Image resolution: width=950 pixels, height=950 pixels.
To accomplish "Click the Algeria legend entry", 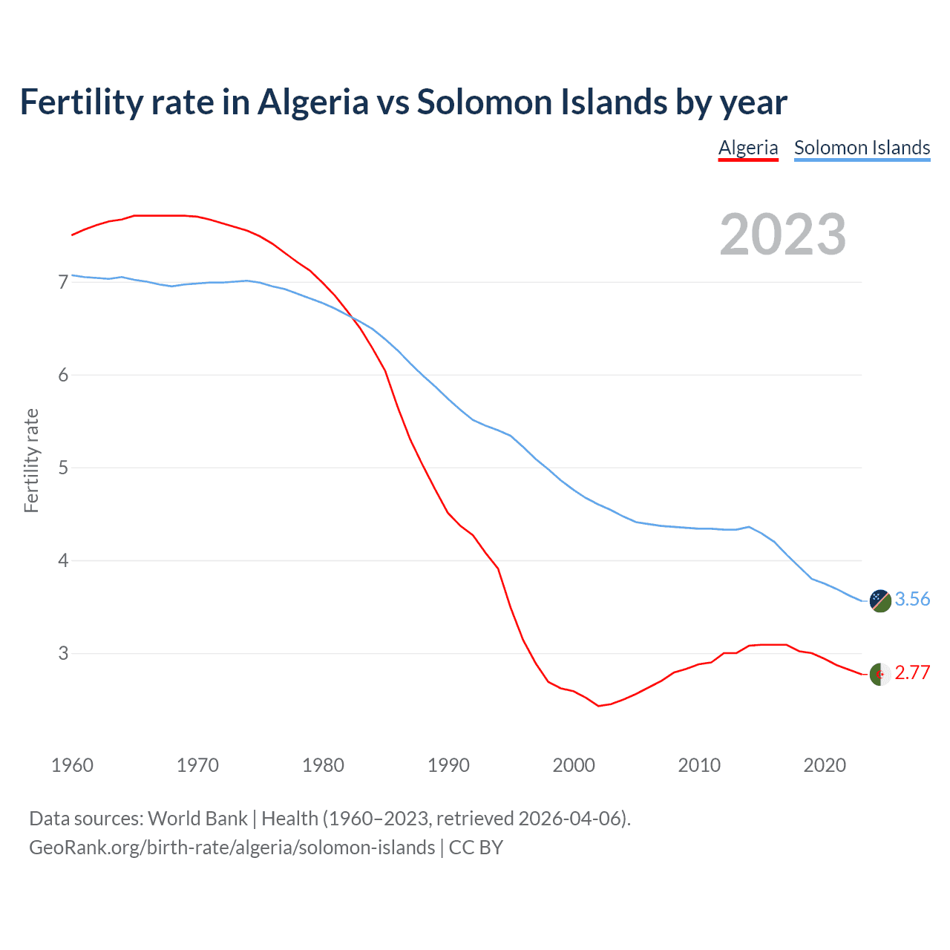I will click(748, 148).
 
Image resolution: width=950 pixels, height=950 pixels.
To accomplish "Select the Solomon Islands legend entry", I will click(862, 148).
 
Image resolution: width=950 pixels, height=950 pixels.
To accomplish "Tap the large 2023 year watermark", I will click(783, 235).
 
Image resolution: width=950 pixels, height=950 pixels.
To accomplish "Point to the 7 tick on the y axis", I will click(63, 282).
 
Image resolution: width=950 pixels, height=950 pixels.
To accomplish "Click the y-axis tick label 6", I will click(63, 375).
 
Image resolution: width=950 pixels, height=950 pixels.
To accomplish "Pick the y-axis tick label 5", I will click(63, 468).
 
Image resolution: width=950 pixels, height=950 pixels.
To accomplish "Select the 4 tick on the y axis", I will click(63, 560).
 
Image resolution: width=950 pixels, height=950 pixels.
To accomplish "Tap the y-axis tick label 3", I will click(63, 653).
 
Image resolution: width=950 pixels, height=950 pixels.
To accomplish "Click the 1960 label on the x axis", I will click(72, 765).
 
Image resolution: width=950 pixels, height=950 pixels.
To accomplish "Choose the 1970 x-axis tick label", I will click(197, 765).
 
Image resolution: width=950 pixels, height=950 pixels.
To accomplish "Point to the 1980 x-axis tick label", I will click(323, 765).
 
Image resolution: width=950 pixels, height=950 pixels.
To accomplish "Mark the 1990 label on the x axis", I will click(448, 765).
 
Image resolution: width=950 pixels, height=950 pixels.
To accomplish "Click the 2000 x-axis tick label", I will click(574, 765).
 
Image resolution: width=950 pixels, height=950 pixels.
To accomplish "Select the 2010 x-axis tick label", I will click(699, 765).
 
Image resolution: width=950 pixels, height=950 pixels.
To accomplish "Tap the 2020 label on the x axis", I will click(825, 765).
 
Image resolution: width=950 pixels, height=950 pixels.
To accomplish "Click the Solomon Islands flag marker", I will click(880, 600).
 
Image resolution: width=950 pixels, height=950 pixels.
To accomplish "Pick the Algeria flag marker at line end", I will click(880, 674).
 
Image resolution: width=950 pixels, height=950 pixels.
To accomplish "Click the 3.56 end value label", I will click(912, 599).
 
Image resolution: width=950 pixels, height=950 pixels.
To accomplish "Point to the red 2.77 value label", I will click(912, 672).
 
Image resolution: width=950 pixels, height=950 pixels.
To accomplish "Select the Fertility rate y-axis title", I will click(31, 460).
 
